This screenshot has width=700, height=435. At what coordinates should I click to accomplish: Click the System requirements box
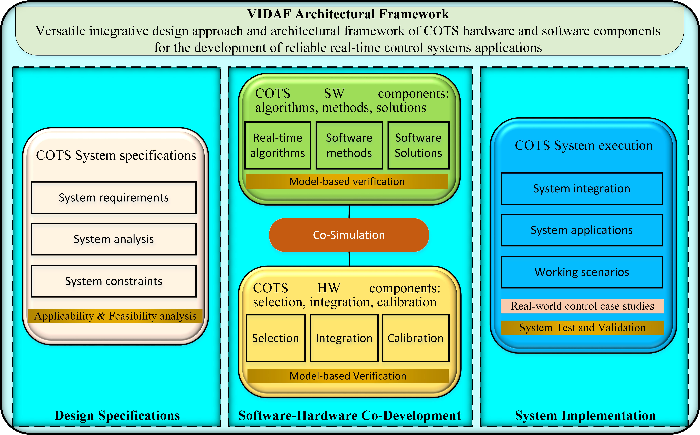point(114,198)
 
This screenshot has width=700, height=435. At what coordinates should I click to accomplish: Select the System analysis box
point(114,239)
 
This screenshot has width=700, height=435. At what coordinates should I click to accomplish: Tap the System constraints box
point(114,281)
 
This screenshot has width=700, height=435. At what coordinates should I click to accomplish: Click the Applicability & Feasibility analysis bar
point(115,316)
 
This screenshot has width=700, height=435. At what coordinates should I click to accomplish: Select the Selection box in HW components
point(275,338)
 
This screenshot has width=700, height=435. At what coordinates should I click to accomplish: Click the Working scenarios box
point(582,272)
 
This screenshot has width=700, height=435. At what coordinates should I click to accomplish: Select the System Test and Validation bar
point(582,328)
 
